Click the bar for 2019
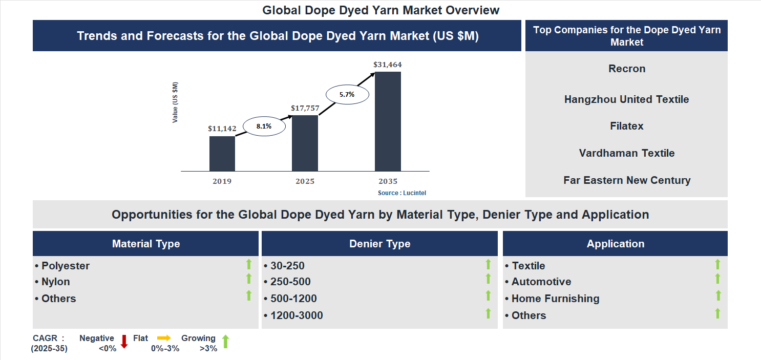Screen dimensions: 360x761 tap(222, 153)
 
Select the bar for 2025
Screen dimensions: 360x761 tap(305, 143)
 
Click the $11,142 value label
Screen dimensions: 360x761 tap(222, 129)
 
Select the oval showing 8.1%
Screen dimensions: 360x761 tap(264, 126)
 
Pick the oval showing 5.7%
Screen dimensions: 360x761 tap(347, 94)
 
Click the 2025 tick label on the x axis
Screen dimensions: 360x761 tap(305, 181)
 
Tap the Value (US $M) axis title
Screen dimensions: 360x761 tap(175, 102)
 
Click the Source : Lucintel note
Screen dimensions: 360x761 tap(402, 193)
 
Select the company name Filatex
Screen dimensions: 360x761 tap(627, 126)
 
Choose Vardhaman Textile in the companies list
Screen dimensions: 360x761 tap(627, 153)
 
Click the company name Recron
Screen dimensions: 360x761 tap(627, 69)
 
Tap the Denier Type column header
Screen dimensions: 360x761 tap(379, 244)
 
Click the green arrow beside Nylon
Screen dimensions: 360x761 tap(249, 279)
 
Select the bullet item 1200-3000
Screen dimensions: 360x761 tap(297, 315)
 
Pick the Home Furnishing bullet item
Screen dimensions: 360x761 tap(555, 299)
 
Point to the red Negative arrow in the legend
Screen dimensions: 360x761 tap(124, 342)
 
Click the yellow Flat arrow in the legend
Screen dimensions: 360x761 tap(164, 338)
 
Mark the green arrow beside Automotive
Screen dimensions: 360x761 tap(717, 279)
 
